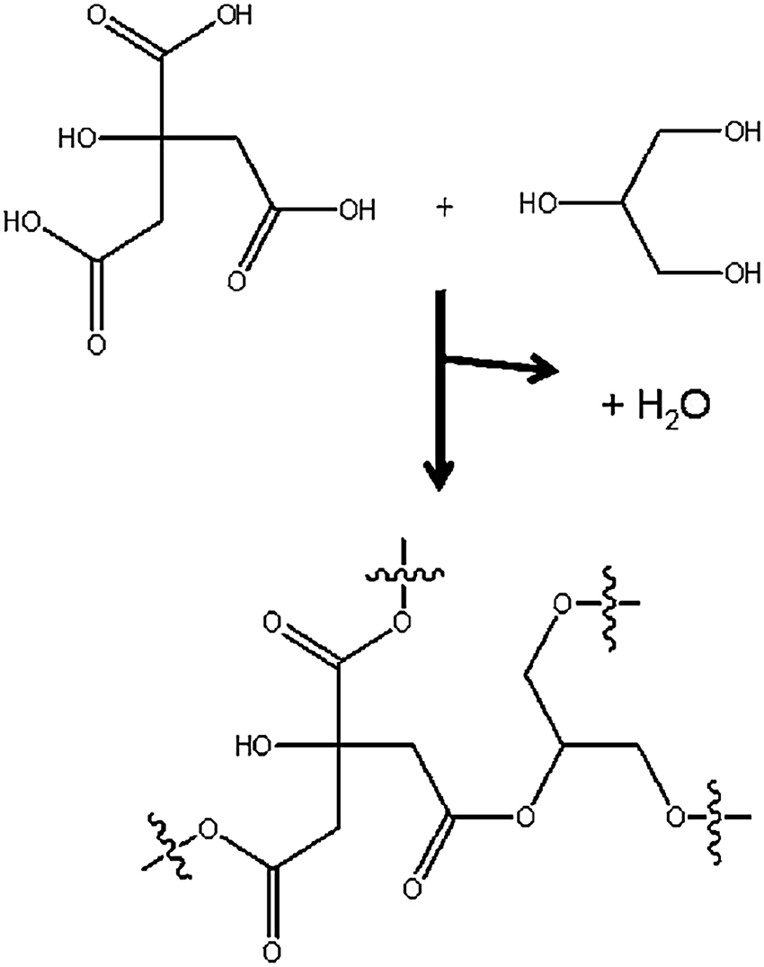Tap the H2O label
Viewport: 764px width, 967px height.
point(657,408)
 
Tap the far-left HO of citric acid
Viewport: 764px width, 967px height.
point(24,219)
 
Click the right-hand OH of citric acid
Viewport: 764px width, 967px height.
point(353,212)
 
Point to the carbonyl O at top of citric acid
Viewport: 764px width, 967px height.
point(116,19)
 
